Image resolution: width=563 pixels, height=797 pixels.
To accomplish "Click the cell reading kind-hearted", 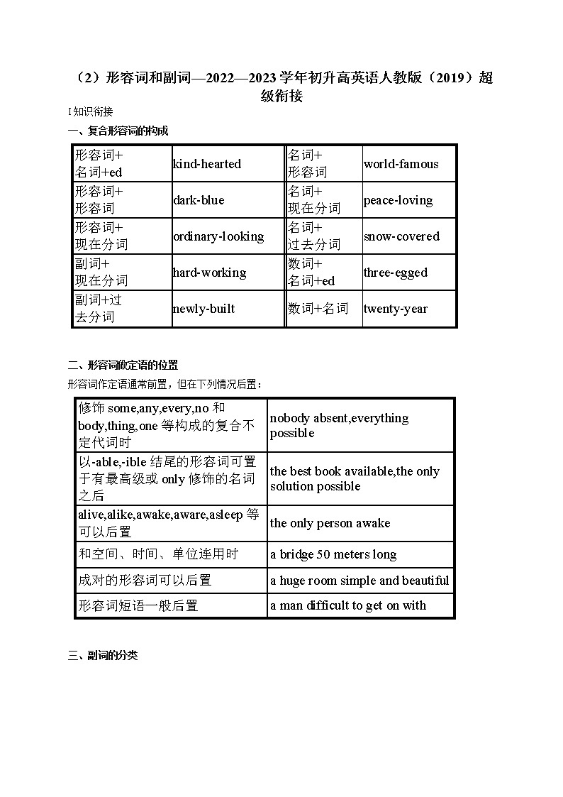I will pyautogui.click(x=207, y=164).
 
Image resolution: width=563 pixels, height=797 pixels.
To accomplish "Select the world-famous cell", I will pyautogui.click(x=401, y=164).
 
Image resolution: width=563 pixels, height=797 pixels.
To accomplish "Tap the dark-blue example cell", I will pyautogui.click(x=199, y=200).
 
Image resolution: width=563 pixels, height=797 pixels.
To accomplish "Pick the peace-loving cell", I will pyautogui.click(x=398, y=200).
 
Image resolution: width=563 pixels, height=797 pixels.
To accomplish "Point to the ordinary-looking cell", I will pyautogui.click(x=218, y=236).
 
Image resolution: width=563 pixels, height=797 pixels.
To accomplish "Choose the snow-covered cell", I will pyautogui.click(x=401, y=236).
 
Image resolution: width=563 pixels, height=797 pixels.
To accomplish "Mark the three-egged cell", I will pyautogui.click(x=396, y=273).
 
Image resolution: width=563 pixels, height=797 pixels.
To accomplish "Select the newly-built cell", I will pyautogui.click(x=204, y=309).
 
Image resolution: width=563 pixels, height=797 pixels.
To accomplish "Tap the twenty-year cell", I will pyautogui.click(x=396, y=309).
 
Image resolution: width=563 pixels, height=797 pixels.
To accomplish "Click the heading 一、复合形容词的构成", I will pyautogui.click(x=118, y=131).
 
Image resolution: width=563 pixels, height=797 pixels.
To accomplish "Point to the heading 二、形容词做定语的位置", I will pyautogui.click(x=123, y=365).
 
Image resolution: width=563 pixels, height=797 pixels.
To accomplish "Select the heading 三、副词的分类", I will pyautogui.click(x=103, y=656).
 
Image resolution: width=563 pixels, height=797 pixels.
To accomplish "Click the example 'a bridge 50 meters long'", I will pyautogui.click(x=333, y=554).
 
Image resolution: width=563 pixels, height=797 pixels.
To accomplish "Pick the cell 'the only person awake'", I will pyautogui.click(x=330, y=523).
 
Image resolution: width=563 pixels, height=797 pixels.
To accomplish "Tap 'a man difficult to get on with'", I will pyautogui.click(x=348, y=605).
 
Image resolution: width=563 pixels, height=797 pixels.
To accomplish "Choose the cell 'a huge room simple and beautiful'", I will pyautogui.click(x=359, y=581).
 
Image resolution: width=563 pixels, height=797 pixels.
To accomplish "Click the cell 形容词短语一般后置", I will pyautogui.click(x=138, y=605).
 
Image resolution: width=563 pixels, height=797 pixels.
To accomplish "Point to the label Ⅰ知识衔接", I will pyautogui.click(x=90, y=111).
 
